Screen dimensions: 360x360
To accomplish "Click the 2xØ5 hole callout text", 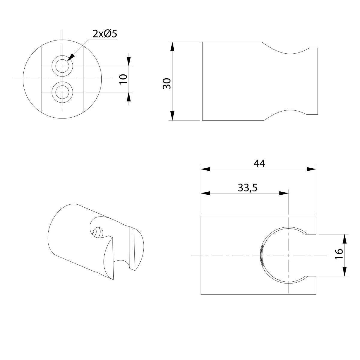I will [x=104, y=34].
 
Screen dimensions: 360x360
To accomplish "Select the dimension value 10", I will [x=123, y=79].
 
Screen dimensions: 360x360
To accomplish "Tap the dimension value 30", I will [x=167, y=83].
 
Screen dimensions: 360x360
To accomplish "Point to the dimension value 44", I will [x=259, y=163].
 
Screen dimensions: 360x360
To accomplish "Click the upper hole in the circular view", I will [x=62, y=66].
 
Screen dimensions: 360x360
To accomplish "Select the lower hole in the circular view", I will [x=62, y=92].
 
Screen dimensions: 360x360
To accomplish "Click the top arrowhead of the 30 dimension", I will [x=172, y=47].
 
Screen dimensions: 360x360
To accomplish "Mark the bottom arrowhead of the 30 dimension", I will [x=172, y=116].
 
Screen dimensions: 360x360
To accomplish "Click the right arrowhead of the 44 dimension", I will [x=311, y=169].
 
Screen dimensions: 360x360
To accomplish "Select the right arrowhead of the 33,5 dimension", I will [x=283, y=193].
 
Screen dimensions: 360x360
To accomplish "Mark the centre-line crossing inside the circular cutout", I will [x=288, y=255].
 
